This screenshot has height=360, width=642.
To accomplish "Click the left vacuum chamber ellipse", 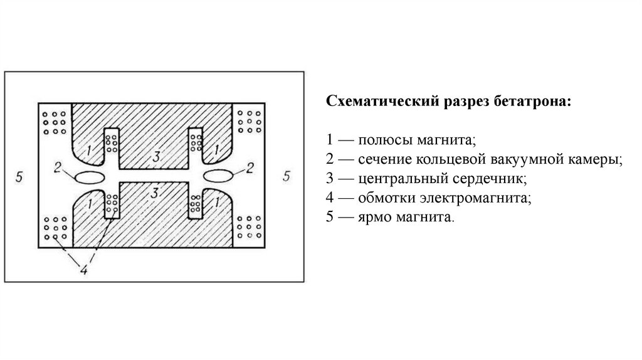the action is [90, 177].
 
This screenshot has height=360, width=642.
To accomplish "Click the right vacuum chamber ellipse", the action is [217, 174].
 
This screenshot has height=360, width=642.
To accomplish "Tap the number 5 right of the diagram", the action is [287, 176].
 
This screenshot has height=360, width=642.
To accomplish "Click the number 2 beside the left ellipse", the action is [57, 167].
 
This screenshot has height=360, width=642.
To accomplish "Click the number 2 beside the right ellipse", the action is [250, 167].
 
